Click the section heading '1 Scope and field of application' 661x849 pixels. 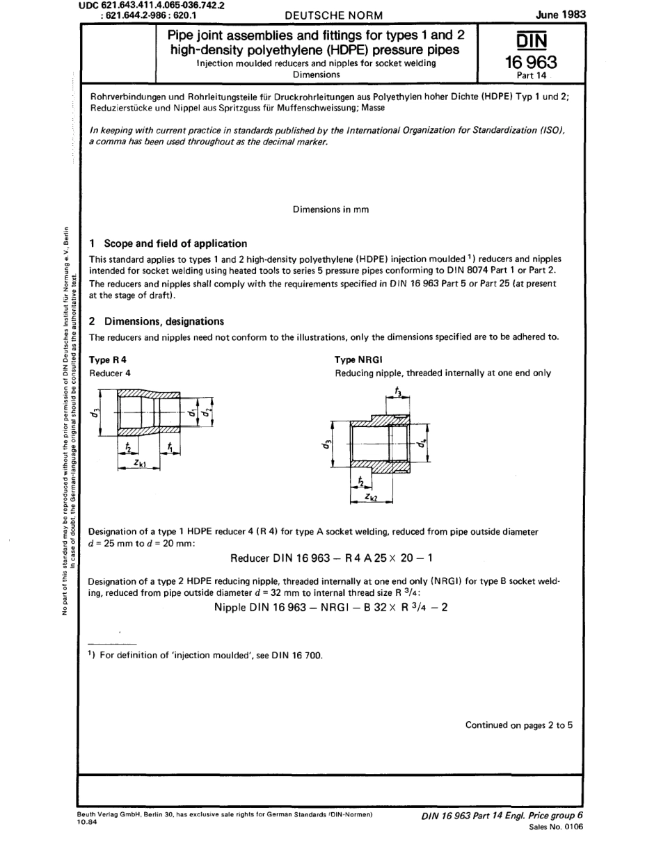coord(168,243)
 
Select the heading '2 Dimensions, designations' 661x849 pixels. coord(157,321)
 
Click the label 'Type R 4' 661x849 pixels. coord(109,359)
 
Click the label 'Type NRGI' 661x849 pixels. coord(356,359)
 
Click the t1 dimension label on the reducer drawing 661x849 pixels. coord(171,449)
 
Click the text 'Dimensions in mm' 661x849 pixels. coord(330,209)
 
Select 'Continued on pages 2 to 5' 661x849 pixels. coord(518,725)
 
